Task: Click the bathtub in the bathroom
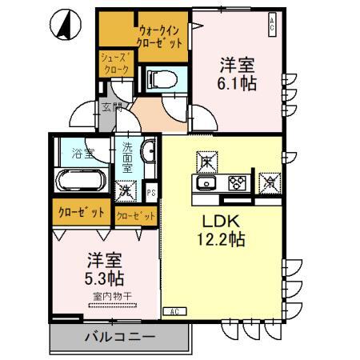click(x=80, y=181)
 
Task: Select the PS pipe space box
click(x=151, y=191)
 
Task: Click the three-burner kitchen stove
click(x=236, y=183)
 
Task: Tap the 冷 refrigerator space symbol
click(x=270, y=182)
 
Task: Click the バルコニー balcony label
click(x=120, y=337)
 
